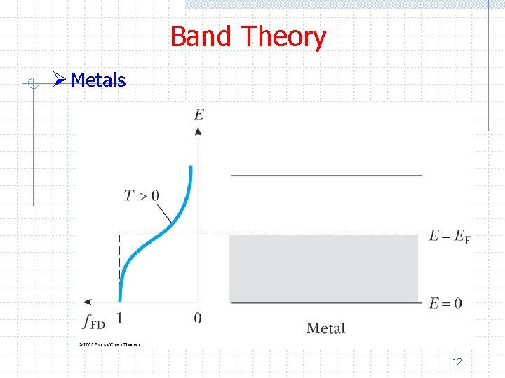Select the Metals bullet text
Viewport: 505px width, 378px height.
(x=98, y=80)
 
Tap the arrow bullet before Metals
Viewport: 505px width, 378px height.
(x=60, y=80)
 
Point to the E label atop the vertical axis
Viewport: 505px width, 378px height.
(x=199, y=113)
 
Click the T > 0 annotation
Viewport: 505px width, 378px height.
(x=142, y=195)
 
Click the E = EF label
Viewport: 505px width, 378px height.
(x=450, y=237)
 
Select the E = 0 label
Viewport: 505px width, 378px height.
(x=445, y=303)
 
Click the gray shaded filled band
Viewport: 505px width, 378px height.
(x=323, y=269)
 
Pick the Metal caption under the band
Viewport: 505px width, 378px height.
(x=325, y=328)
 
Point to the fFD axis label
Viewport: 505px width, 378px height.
(x=93, y=323)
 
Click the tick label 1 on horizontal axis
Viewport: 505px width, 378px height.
(x=119, y=318)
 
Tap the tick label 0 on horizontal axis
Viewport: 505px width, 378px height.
(x=198, y=318)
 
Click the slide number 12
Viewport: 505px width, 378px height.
(x=457, y=362)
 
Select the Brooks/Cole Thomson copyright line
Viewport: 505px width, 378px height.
(x=110, y=344)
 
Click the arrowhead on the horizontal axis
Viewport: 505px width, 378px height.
(x=87, y=302)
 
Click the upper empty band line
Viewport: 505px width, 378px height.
(x=326, y=175)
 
